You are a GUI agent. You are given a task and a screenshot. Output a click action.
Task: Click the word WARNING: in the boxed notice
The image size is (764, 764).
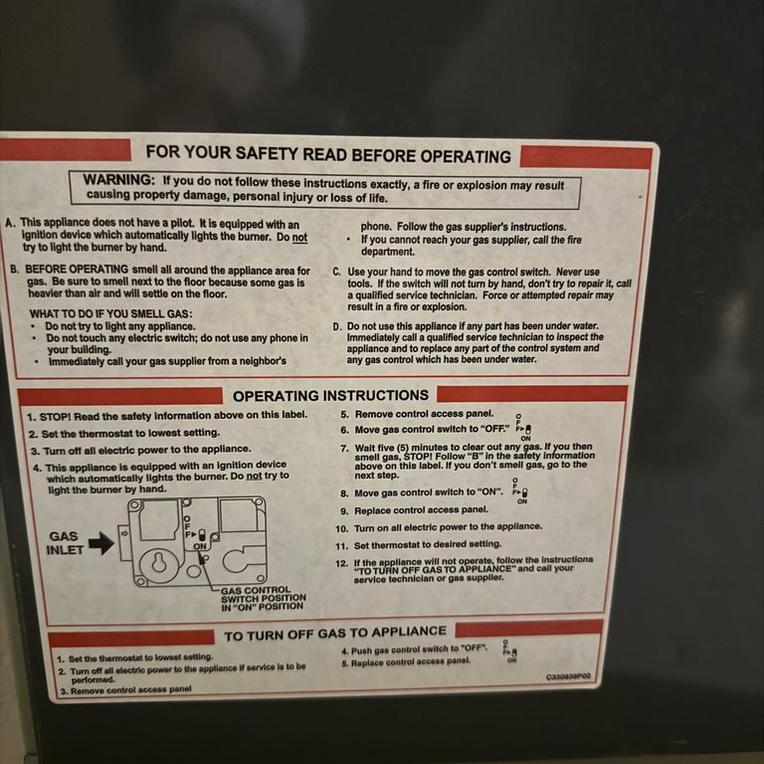coord(119,180)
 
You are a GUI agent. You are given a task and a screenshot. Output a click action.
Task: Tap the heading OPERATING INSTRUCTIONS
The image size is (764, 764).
coord(331,396)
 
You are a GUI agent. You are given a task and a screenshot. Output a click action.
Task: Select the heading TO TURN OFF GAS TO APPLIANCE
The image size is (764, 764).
coord(335,634)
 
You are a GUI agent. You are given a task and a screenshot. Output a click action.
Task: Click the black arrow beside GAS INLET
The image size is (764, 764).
coord(101,543)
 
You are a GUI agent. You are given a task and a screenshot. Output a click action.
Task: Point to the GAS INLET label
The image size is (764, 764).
coord(64,543)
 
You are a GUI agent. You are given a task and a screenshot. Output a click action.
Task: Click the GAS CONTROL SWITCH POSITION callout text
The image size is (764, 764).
coord(263,598)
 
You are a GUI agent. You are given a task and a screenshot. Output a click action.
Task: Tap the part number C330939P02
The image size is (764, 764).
coord(568,676)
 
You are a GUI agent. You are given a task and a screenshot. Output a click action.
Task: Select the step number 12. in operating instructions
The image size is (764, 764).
coord(341,563)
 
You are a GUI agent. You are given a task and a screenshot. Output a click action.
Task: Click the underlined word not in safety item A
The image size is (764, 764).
coord(299,238)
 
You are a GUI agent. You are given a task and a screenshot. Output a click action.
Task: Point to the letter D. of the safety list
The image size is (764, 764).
coord(337,326)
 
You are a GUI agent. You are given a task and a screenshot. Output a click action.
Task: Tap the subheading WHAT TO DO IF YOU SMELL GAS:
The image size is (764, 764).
coord(110,313)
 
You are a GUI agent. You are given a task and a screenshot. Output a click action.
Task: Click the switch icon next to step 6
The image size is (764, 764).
coord(524,428)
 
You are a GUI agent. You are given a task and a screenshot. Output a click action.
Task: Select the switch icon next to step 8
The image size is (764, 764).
coord(520,491)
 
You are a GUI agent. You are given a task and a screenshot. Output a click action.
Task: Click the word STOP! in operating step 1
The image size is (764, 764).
coord(56,417)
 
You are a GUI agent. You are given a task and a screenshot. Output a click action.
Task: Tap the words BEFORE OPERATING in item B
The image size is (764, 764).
coord(77,270)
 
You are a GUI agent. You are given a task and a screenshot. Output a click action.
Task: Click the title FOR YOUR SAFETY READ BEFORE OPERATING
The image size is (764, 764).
coord(328,154)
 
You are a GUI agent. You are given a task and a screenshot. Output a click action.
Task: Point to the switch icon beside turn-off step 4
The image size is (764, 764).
coord(510,652)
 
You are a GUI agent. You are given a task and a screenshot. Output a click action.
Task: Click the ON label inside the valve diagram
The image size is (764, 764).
coord(200,546)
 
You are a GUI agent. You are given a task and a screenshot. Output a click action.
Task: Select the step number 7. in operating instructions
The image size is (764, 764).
coord(344,449)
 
